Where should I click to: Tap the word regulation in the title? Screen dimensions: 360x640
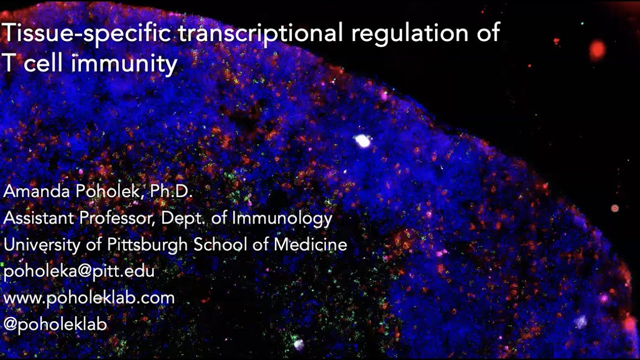(x=402, y=33)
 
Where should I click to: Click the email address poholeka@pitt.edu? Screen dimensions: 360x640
(x=79, y=271)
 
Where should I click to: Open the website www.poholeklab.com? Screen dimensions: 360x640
(x=89, y=298)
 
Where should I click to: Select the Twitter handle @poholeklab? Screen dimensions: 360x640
(x=55, y=324)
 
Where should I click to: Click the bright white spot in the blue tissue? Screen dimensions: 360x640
(x=362, y=141)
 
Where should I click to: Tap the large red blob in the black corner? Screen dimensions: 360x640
(x=597, y=49)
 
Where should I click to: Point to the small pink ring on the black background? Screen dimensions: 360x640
(x=615, y=208)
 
